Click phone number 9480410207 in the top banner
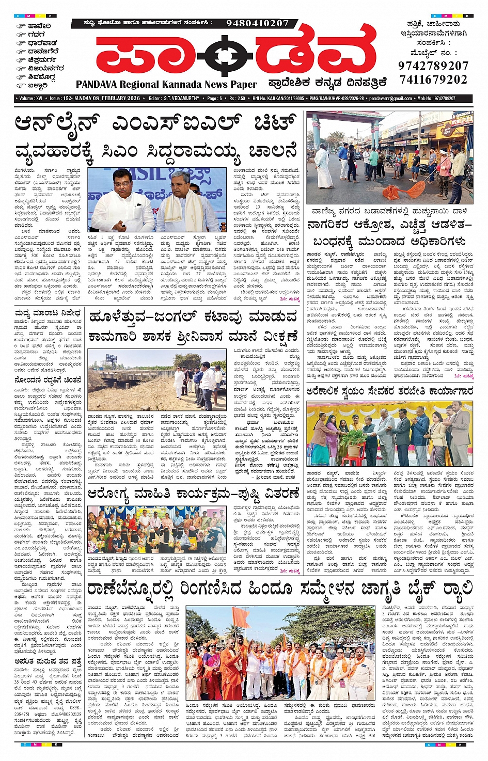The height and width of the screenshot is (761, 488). pos(257,23)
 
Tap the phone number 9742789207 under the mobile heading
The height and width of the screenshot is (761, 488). pos(433,66)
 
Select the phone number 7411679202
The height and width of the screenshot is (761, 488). pos(433,80)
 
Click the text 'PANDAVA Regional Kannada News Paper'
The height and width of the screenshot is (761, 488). pos(166,85)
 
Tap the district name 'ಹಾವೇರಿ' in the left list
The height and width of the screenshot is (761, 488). pos(39,26)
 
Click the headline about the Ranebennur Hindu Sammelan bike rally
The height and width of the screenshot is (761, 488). pos(279,589)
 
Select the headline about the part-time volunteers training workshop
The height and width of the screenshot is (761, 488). pos(389,391)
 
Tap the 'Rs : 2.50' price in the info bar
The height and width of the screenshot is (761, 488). pos(237,99)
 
